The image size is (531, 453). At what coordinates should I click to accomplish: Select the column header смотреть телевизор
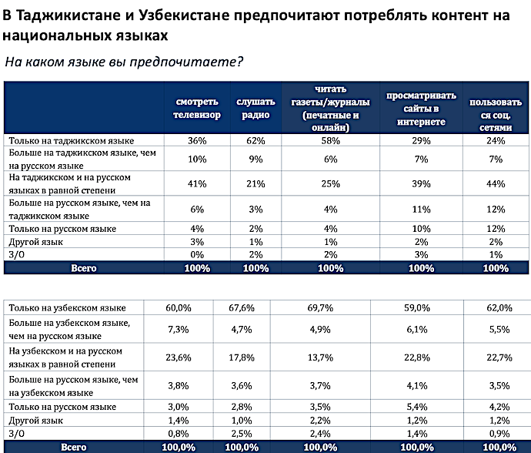coord(197,109)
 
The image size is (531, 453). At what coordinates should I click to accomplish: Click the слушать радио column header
coord(255,109)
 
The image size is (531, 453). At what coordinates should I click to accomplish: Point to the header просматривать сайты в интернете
coord(421,109)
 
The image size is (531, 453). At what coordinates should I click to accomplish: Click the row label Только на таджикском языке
coord(72,141)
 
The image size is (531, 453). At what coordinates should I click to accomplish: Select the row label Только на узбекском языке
coord(68,308)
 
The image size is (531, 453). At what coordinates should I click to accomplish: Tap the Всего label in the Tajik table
coord(84,268)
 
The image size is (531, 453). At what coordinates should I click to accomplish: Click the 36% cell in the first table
coord(197,141)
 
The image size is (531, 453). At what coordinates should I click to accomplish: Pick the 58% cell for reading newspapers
coord(330,141)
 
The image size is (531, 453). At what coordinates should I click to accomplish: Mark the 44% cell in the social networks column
coord(496,184)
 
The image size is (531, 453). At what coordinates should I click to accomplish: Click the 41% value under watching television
coord(197,184)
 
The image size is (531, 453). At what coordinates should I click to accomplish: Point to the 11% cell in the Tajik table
coord(421,210)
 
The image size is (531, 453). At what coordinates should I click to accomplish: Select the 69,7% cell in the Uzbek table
coord(320,308)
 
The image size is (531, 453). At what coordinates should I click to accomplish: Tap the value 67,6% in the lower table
coord(242,308)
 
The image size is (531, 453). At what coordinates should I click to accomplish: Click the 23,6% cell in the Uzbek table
coord(179,357)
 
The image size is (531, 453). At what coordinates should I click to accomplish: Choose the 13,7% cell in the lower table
coord(320,357)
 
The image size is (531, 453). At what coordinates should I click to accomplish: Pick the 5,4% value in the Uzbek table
coord(417,407)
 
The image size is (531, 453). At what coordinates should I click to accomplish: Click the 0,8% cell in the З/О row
coord(179,434)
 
